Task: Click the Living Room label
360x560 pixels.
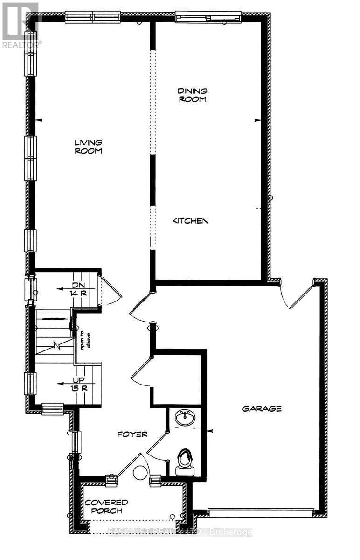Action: [88, 147]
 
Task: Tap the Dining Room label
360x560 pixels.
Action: [192, 95]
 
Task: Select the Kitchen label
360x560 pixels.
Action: [190, 221]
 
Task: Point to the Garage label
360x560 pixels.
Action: [262, 409]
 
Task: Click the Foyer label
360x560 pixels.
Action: [132, 434]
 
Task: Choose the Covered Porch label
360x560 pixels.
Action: [106, 506]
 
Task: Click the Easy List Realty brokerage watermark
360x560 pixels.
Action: [180, 532]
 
